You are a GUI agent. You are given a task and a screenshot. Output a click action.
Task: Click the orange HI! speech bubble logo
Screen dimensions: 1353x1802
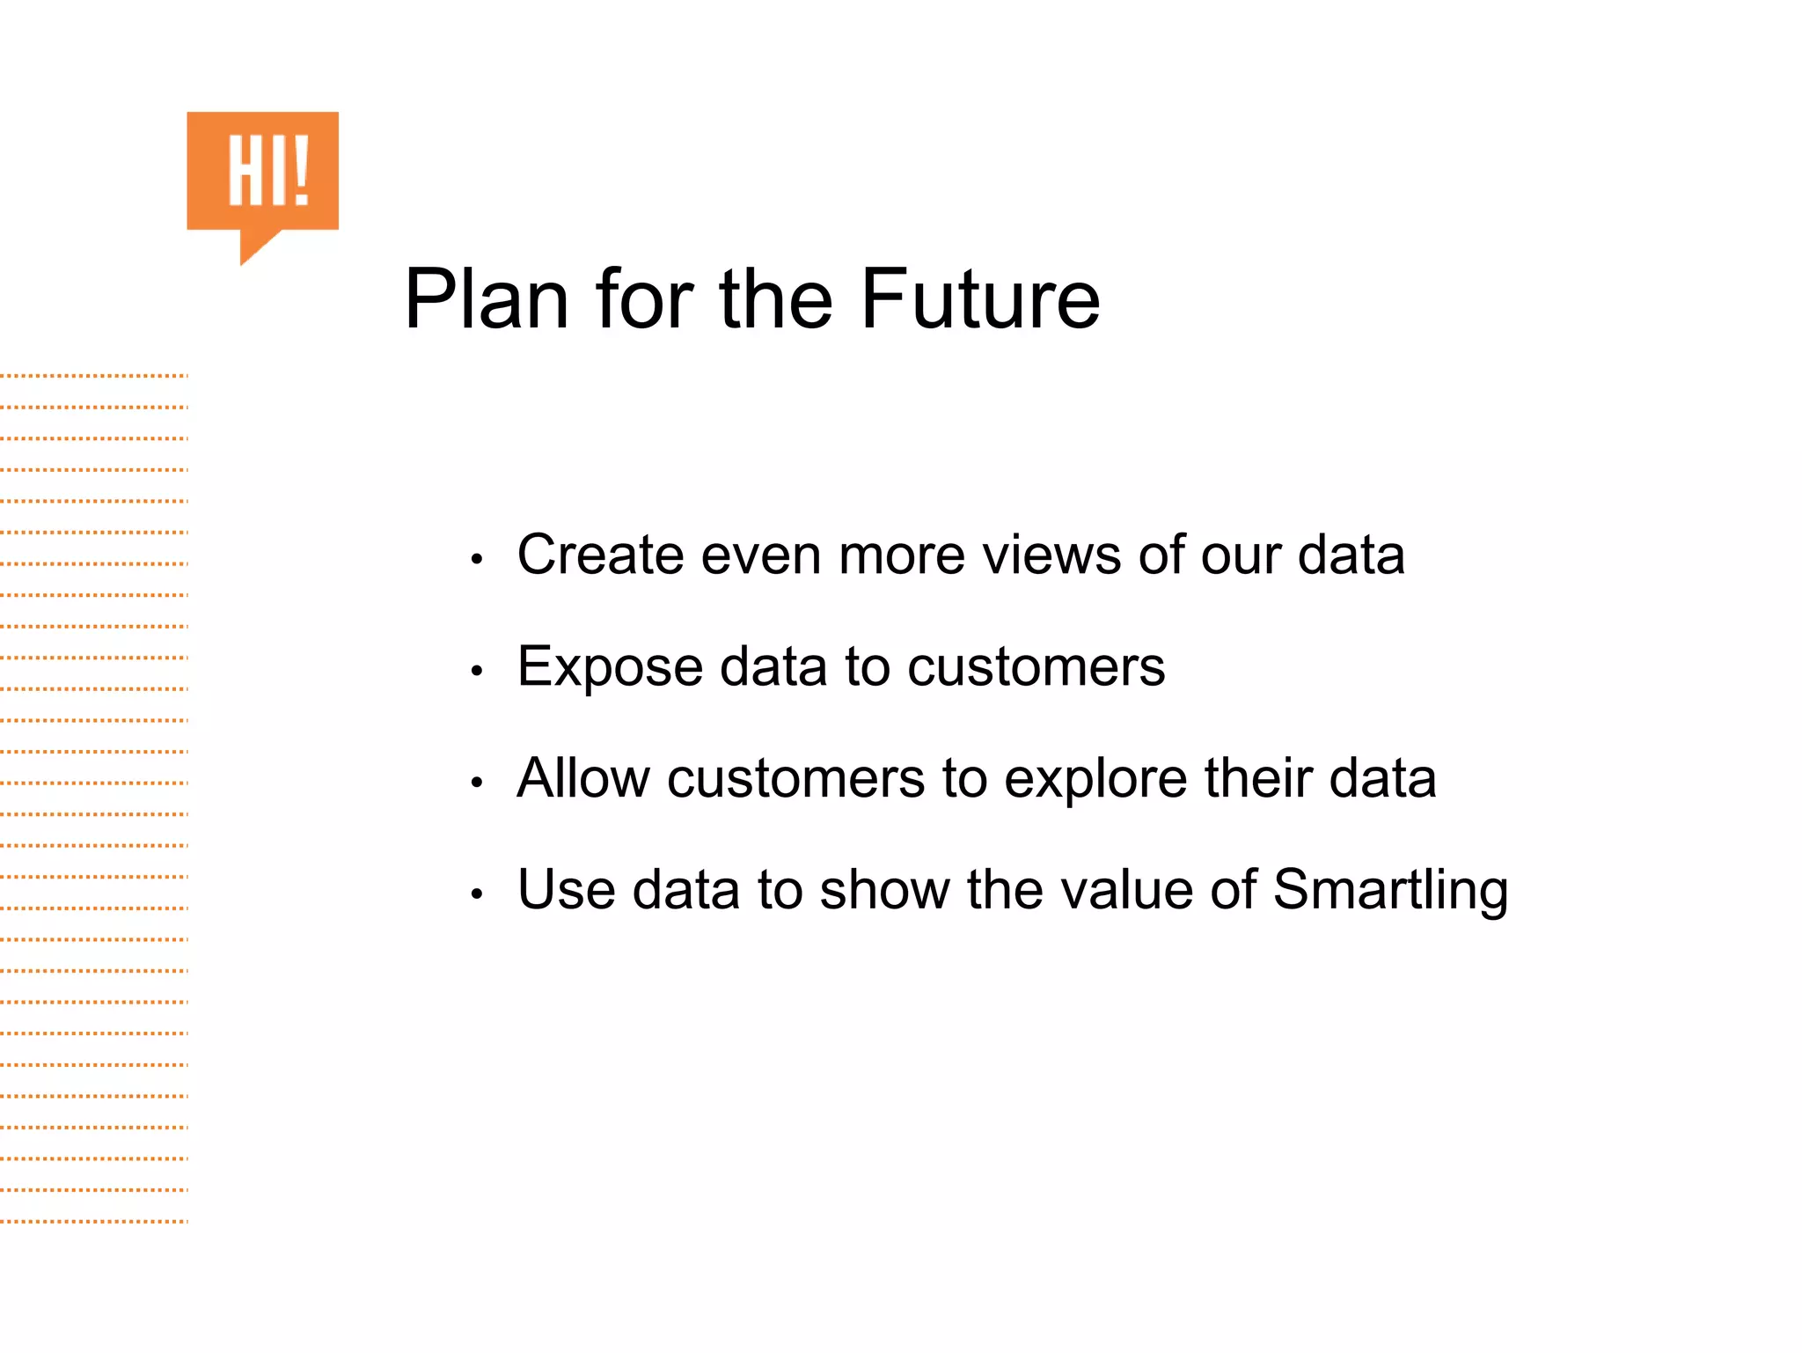(x=262, y=172)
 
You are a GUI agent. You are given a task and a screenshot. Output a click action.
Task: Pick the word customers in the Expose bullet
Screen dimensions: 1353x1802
(x=1036, y=666)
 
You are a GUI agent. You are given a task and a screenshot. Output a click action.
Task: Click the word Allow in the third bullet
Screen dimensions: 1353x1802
(x=582, y=778)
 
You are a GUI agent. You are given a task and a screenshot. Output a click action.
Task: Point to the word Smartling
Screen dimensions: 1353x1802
(x=1390, y=891)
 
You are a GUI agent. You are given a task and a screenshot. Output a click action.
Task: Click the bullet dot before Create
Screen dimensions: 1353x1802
(x=477, y=560)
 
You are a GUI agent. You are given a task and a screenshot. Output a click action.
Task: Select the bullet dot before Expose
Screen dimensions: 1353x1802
(x=477, y=672)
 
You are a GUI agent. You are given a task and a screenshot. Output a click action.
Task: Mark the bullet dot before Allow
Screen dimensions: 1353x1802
(x=477, y=783)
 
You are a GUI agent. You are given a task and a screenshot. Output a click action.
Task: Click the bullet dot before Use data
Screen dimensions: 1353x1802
(x=477, y=894)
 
